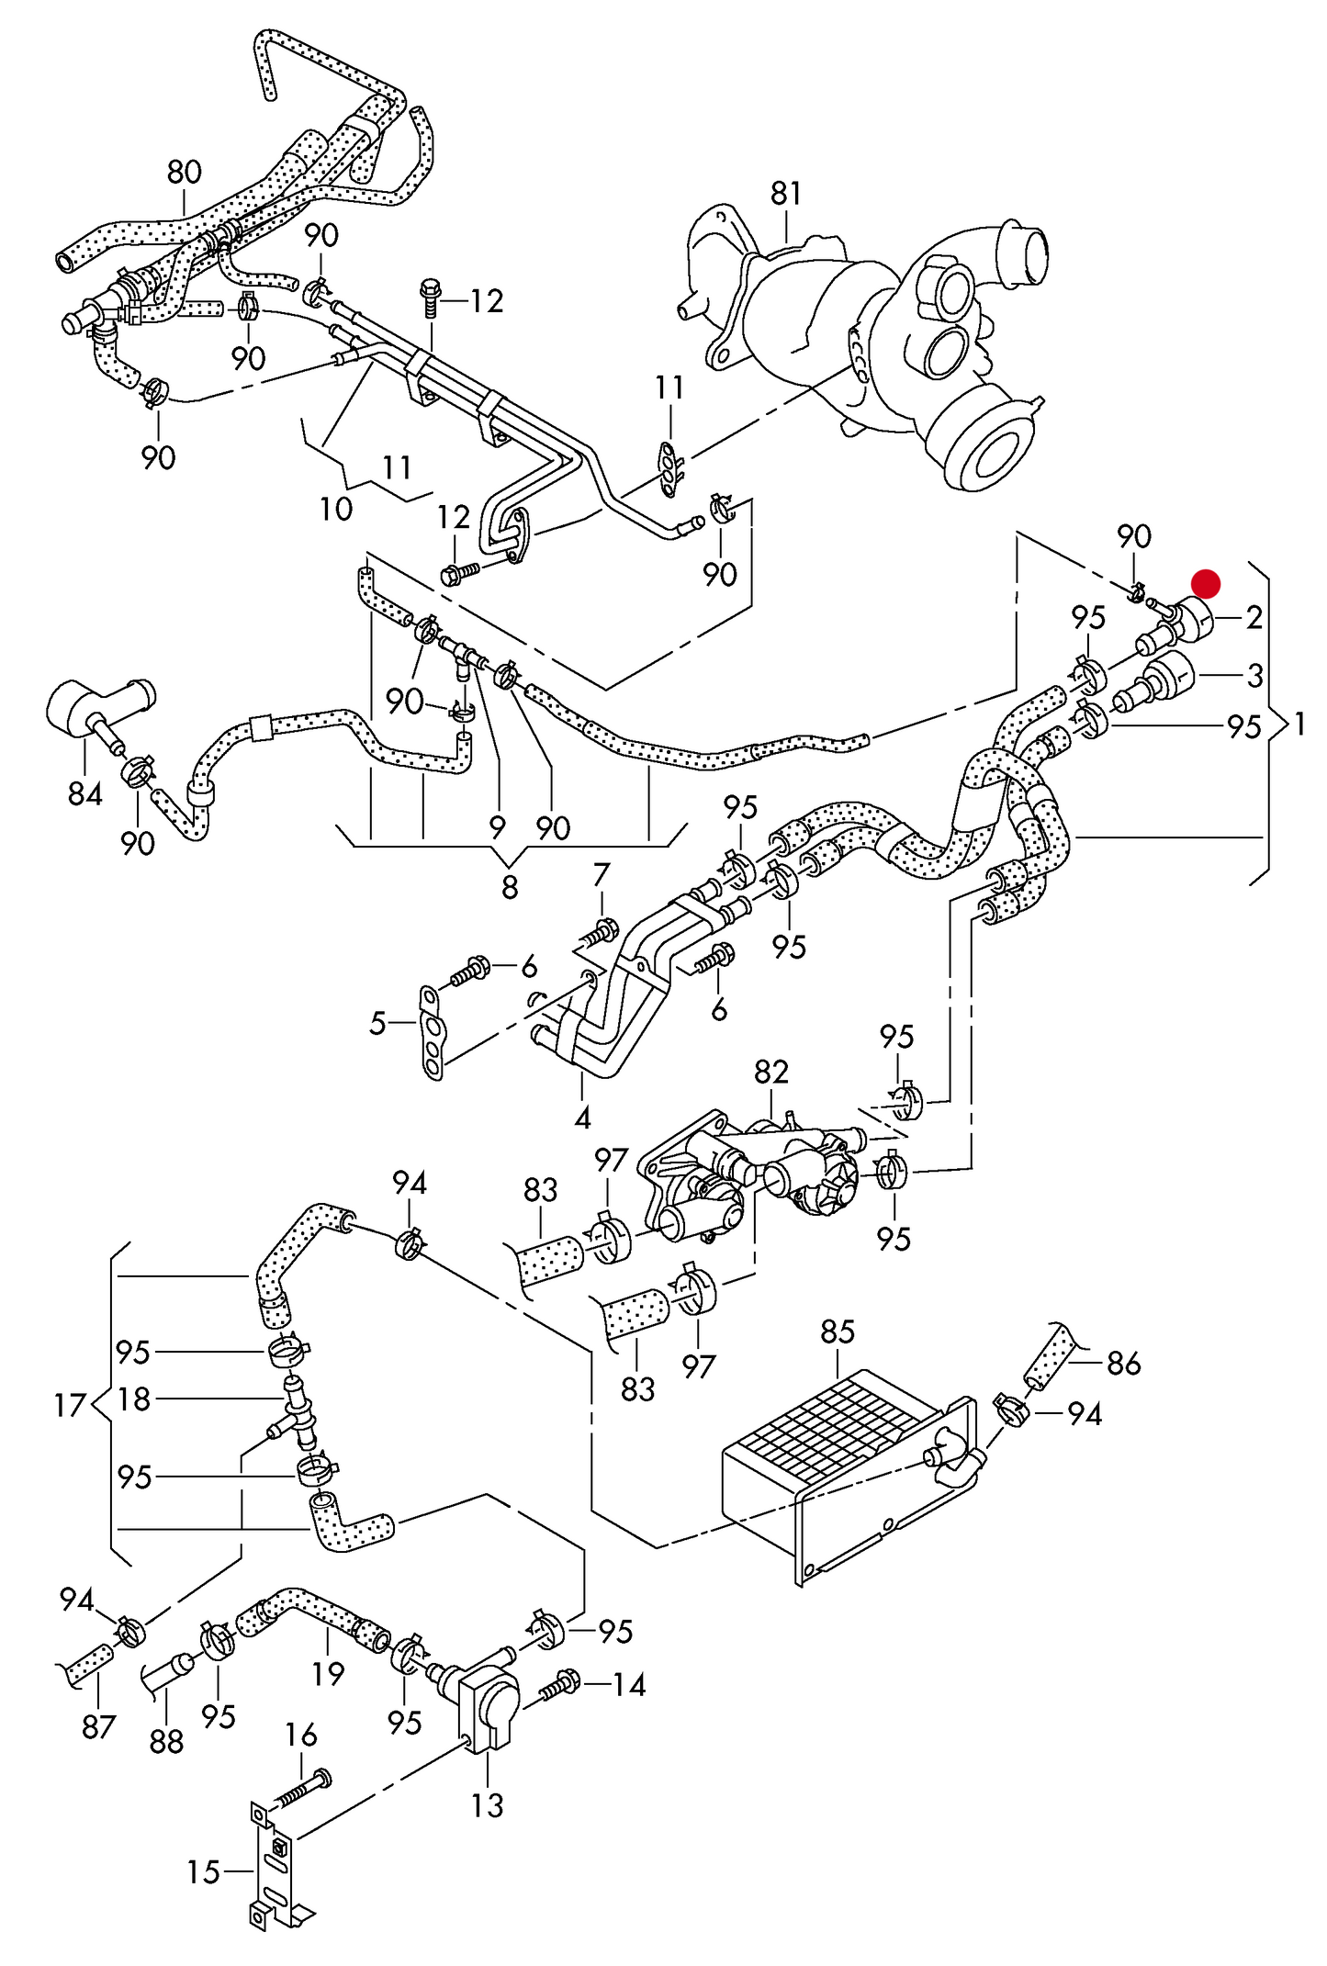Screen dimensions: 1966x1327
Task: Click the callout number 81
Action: point(786,194)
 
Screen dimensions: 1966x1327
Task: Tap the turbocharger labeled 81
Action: point(882,349)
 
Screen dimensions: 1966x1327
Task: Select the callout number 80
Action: point(185,173)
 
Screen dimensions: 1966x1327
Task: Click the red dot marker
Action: point(1205,583)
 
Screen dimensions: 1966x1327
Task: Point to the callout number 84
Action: point(84,793)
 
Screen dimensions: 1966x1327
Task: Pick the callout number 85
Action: point(838,1331)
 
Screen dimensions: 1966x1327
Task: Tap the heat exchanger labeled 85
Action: point(827,1460)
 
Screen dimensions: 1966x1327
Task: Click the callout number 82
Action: point(771,1072)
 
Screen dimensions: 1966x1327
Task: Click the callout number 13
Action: point(488,1805)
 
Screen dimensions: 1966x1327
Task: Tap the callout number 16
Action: point(301,1735)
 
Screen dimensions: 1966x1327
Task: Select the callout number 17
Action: point(70,1406)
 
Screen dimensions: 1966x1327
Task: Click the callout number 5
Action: point(377,1023)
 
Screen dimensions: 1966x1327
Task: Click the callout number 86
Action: point(1124,1364)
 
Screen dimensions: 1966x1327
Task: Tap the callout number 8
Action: point(510,886)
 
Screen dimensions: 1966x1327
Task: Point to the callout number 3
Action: point(1254,676)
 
